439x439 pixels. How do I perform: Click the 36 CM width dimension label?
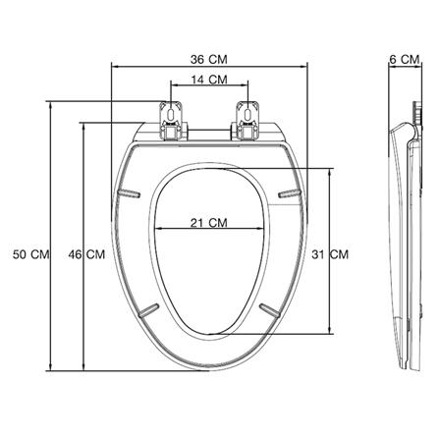click(208, 60)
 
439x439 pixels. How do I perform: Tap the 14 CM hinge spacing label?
click(209, 80)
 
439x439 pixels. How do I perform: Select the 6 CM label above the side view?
click(405, 60)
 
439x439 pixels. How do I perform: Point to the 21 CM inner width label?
click(208, 223)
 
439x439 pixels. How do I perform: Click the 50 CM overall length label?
click(30, 254)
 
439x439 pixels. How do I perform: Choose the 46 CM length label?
click(86, 254)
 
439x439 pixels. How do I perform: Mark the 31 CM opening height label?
click(330, 254)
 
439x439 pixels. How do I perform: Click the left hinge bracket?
click(172, 121)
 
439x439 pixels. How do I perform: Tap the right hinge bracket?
click(247, 121)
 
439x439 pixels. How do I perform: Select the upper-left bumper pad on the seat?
click(129, 193)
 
